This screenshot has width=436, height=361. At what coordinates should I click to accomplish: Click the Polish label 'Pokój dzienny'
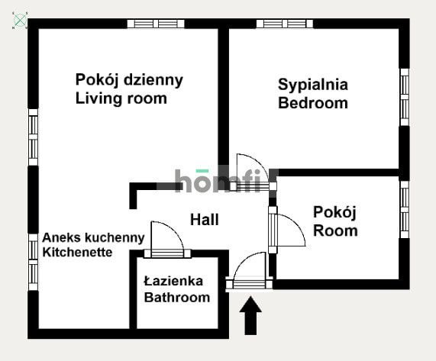[x=129, y=79]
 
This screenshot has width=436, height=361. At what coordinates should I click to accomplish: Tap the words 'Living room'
[x=121, y=98]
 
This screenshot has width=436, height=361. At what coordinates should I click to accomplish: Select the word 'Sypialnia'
[x=313, y=85]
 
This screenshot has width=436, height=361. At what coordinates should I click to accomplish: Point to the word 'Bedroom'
[x=312, y=103]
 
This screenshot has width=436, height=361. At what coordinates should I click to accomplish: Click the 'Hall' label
[x=205, y=220]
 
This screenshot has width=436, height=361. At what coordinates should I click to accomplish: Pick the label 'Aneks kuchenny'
[x=93, y=237]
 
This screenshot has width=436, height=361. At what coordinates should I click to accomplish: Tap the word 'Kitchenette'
[x=77, y=252]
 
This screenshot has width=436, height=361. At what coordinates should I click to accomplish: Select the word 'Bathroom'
[x=176, y=297]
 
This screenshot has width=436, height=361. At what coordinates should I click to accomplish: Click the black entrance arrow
[x=250, y=316]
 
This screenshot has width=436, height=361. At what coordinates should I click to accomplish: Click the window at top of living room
[x=156, y=23]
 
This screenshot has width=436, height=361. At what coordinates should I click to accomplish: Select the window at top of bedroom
[x=285, y=23]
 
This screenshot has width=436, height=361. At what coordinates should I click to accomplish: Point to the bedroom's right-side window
[x=405, y=97]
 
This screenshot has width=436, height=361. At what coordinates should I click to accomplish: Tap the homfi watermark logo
[x=221, y=181]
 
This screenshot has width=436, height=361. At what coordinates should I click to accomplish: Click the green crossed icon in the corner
[x=20, y=20]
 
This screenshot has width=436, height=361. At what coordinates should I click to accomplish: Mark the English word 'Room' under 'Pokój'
[x=335, y=230]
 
